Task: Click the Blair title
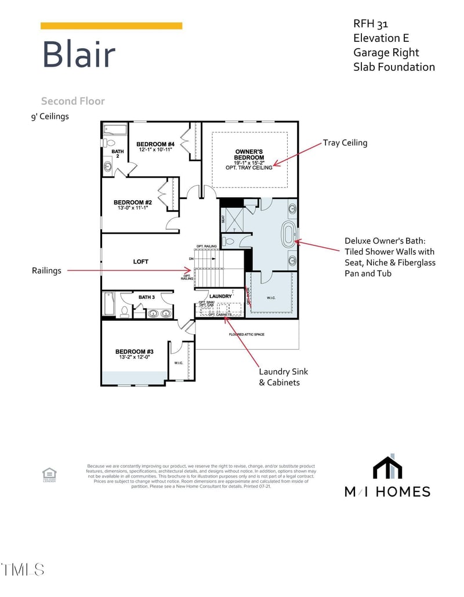[x=78, y=55]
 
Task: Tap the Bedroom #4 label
[x=155, y=144]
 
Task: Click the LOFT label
[x=140, y=262]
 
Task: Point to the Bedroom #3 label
[x=134, y=352]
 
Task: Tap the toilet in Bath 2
[x=108, y=142]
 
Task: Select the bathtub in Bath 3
[x=109, y=303]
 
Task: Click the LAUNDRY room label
[x=220, y=296]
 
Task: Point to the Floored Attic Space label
[x=247, y=335]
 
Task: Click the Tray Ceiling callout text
[x=345, y=143]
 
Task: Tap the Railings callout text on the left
[x=46, y=270]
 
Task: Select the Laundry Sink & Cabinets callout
[x=280, y=377]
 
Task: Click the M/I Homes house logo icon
[x=387, y=467]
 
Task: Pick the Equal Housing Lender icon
[x=49, y=475]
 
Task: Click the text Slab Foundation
[x=394, y=67]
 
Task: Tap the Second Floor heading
[x=72, y=101]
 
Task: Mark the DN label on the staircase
[x=191, y=258]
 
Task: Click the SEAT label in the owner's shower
[x=223, y=219]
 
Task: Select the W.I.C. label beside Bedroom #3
[x=179, y=363]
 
